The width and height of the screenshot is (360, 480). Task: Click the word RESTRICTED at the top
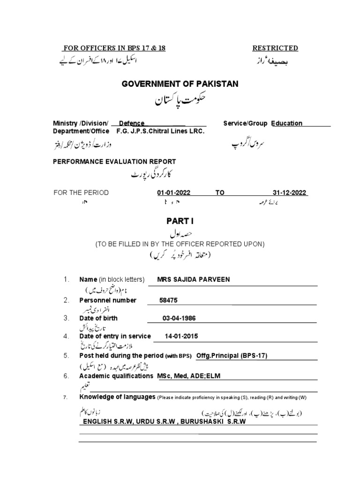tap(275, 48)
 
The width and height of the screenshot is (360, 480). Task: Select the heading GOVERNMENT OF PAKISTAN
tap(180, 84)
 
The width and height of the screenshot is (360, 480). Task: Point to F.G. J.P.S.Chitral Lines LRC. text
tap(161, 131)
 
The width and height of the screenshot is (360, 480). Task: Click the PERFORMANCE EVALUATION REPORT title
tap(114, 161)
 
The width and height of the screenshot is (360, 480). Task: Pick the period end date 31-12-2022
tap(289, 193)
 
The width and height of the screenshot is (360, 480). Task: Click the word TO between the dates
tap(220, 193)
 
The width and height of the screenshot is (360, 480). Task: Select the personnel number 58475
tap(169, 300)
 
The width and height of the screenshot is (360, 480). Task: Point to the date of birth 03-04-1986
tap(179, 318)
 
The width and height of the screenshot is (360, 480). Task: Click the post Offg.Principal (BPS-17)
tap(232, 355)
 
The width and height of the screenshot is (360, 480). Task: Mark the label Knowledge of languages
tap(117, 397)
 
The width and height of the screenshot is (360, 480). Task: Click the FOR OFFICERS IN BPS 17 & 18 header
tap(114, 48)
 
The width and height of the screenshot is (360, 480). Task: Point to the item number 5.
tap(66, 356)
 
